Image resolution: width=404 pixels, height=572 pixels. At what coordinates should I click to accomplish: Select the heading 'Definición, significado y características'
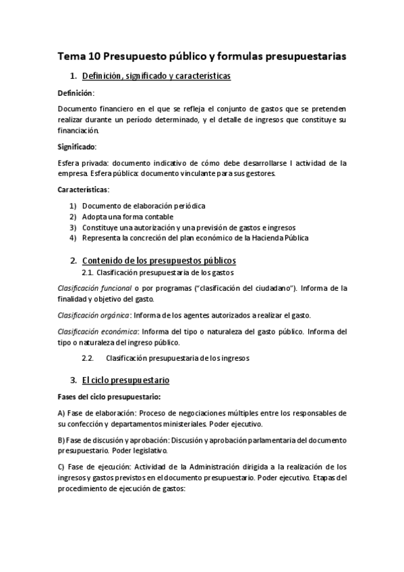pyautogui.click(x=156, y=76)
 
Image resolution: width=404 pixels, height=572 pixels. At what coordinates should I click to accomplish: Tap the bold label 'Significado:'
pyautogui.click(x=77, y=146)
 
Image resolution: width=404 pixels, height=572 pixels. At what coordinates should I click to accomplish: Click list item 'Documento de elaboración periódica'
pyautogui.click(x=144, y=205)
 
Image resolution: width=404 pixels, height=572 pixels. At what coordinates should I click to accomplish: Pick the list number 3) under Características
pyautogui.click(x=73, y=227)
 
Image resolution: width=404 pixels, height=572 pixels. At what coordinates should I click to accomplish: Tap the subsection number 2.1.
pyautogui.click(x=87, y=273)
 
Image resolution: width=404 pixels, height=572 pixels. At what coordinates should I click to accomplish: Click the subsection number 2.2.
pyautogui.click(x=87, y=358)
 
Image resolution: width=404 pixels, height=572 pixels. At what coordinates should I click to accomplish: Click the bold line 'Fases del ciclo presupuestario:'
pyautogui.click(x=104, y=396)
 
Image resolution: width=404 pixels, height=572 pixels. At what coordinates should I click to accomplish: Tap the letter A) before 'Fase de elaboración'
pyautogui.click(x=61, y=412)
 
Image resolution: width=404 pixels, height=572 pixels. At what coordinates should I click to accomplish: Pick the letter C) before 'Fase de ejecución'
pyautogui.click(x=61, y=466)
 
